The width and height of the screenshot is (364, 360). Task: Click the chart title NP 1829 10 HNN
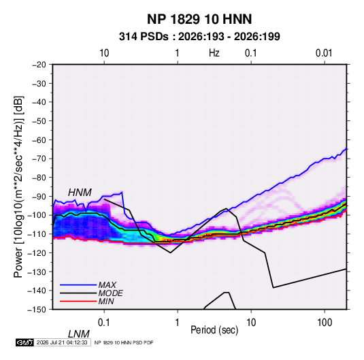pos(199,19)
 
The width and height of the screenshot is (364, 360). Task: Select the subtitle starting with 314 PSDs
pos(199,37)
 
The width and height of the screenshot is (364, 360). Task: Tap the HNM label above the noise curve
pos(80,193)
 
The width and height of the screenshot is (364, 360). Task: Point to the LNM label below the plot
pos(78,334)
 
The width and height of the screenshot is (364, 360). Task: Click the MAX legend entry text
pos(107,284)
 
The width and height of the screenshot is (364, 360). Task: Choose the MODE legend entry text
pos(110,293)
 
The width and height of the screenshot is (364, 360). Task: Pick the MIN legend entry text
pos(106,301)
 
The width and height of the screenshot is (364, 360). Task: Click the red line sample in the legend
pos(78,301)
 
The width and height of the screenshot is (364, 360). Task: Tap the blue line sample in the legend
pos(78,284)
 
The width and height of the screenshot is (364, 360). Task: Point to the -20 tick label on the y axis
pos(39,65)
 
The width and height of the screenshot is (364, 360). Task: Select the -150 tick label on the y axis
pos(37,310)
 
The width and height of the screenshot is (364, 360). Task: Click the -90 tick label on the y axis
pos(39,197)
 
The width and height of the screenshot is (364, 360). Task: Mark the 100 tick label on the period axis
pos(325,323)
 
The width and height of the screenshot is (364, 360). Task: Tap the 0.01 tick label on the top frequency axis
pos(324,53)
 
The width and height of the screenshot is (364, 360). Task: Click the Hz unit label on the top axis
pos(214,53)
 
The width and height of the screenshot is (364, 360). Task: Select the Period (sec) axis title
pos(214,330)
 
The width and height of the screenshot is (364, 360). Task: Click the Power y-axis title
pos(18,187)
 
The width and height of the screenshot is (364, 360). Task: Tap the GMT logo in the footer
pos(24,342)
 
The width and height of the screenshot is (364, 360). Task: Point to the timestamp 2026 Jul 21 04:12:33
pos(62,342)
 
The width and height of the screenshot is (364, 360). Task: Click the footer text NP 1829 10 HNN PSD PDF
pos(124,342)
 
